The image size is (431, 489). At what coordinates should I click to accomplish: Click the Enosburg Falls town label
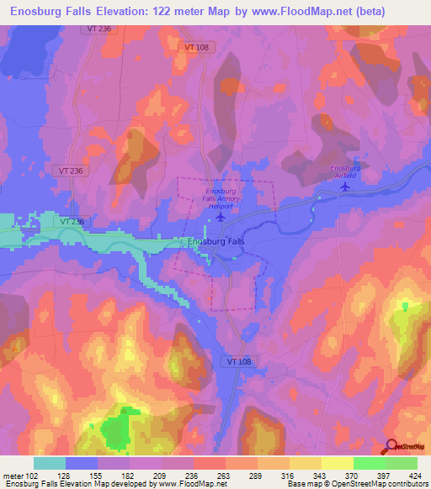[x=215, y=242]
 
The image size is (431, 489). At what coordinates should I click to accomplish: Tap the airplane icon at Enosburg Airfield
[x=345, y=187]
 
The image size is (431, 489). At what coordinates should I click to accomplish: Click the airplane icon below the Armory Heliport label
[x=221, y=218]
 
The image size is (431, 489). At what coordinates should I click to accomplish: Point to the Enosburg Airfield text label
[x=345, y=171]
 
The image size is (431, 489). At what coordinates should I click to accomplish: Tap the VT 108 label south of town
[x=238, y=360]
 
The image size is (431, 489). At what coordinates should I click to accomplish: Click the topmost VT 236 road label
[x=98, y=29]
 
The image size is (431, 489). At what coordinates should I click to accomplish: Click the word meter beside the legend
[x=13, y=475]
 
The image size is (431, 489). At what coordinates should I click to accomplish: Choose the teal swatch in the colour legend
[x=50, y=463]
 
